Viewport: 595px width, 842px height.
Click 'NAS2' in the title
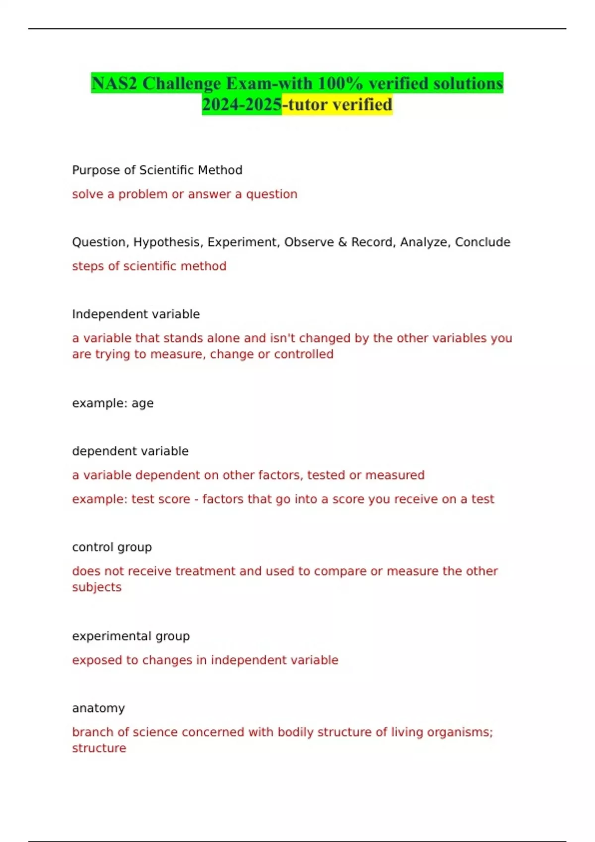114,83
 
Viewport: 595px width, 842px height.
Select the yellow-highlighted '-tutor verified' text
337,105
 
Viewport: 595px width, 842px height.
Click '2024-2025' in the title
241,105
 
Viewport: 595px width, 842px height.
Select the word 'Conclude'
482,242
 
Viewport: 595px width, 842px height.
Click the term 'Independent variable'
136,314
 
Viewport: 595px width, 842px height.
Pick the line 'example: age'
113,403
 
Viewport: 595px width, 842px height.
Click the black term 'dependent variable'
130,451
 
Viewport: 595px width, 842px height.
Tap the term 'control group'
112,547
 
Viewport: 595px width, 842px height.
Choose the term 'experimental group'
131,636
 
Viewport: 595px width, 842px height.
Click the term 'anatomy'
98,708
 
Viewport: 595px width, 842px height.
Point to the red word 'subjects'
97,587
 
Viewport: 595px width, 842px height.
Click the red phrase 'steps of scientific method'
149,266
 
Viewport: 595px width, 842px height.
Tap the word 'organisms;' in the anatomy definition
466,732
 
